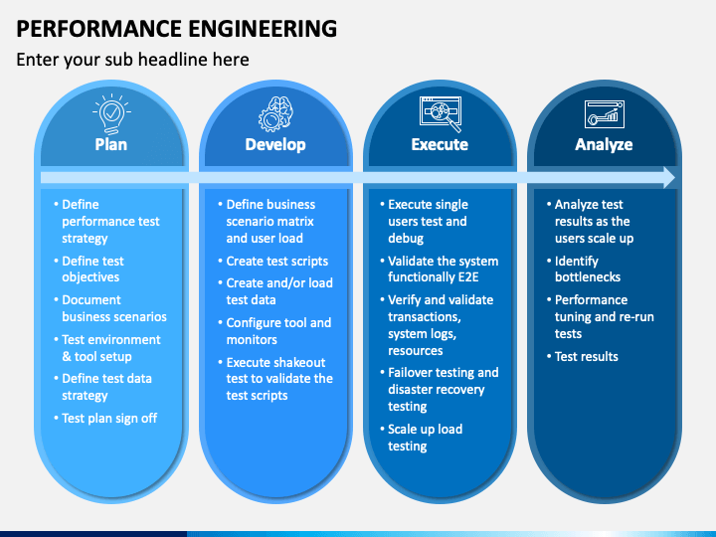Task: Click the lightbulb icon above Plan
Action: [x=111, y=113]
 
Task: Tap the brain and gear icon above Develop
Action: [x=275, y=114]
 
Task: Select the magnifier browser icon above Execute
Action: [x=441, y=114]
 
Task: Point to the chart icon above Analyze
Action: [x=605, y=114]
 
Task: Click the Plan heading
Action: [x=111, y=145]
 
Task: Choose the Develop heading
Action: [x=275, y=145]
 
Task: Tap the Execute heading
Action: [x=440, y=145]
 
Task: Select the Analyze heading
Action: [x=605, y=145]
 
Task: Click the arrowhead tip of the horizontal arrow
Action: [x=675, y=178]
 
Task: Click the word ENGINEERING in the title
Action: [x=263, y=29]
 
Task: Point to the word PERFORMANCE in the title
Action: [x=99, y=29]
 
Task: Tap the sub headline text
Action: [x=133, y=60]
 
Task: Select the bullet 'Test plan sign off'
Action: [x=106, y=419]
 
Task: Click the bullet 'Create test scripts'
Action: [x=273, y=262]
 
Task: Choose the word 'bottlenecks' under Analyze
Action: [x=588, y=277]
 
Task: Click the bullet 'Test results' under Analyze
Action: [x=583, y=357]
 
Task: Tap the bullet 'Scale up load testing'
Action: [x=422, y=438]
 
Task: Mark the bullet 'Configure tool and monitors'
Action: [x=274, y=331]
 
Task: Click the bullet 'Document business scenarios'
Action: [x=110, y=308]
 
